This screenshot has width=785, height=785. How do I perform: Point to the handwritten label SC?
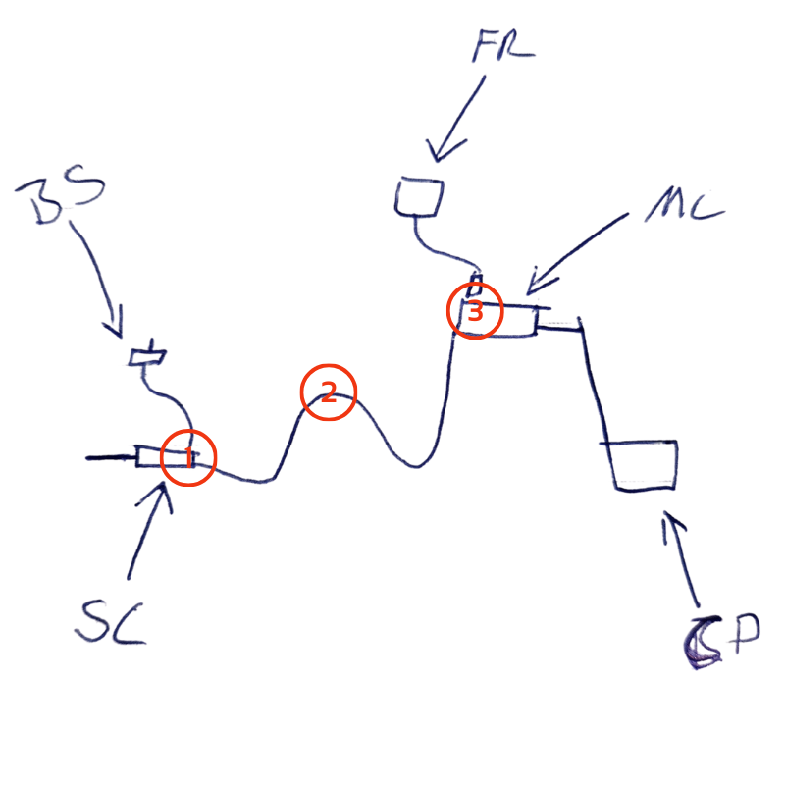tap(110, 620)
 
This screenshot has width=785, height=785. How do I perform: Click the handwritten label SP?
tap(721, 643)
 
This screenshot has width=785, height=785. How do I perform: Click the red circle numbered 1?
tap(187, 457)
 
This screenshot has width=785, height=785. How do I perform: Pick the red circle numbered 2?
tap(328, 392)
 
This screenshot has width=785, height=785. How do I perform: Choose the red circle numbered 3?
tap(475, 312)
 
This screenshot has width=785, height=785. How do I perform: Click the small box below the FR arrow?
tap(418, 197)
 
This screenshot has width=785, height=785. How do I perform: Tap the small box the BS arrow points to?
tap(148, 355)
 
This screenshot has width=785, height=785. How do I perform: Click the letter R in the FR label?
tap(519, 44)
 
